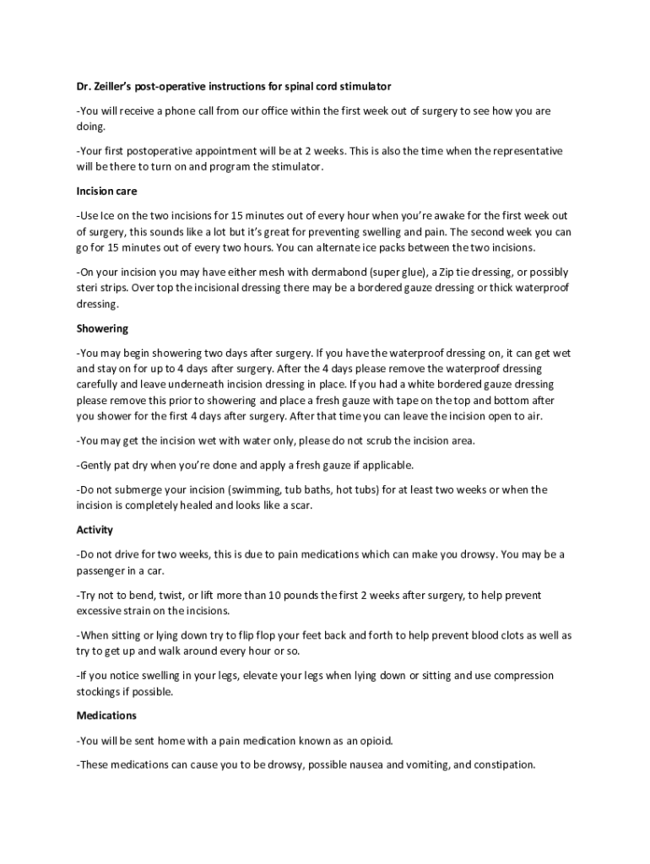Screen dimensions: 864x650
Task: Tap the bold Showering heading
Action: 102,328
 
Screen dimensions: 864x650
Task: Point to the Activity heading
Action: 95,530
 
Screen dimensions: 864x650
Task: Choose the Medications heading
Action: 106,715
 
